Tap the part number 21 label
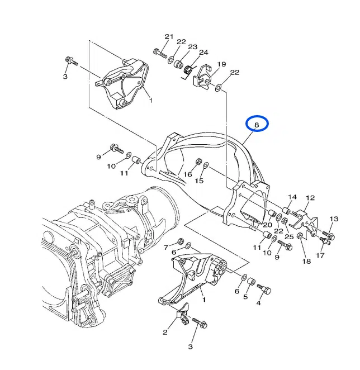click(169, 36)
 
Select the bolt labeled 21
click(160, 54)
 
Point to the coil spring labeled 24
click(188, 70)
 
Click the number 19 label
click(221, 64)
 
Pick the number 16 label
click(188, 174)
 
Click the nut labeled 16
click(198, 162)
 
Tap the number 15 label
click(199, 181)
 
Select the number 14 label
click(292, 197)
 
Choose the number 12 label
click(310, 198)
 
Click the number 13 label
click(334, 219)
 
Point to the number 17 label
click(320, 255)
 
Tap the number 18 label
click(307, 261)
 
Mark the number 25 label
click(289, 236)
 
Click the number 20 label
click(267, 225)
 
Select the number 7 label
click(166, 248)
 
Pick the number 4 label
click(258, 303)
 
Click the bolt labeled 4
click(264, 289)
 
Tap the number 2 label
click(165, 332)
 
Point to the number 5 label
click(245, 297)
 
